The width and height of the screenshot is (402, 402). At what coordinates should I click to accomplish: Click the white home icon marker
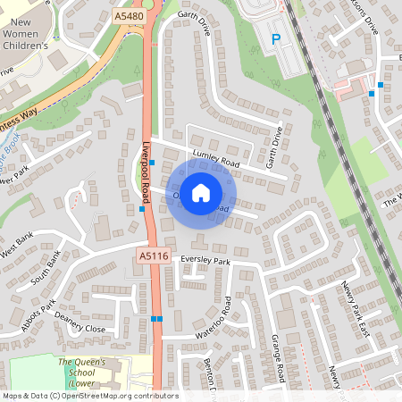click(x=201, y=192)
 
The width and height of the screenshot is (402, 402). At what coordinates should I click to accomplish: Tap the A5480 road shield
click(x=128, y=16)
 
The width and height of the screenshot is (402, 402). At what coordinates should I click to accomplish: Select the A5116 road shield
click(x=154, y=256)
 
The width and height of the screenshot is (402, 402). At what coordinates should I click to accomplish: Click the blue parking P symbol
click(x=276, y=39)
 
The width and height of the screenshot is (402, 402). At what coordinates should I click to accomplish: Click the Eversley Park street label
click(x=205, y=261)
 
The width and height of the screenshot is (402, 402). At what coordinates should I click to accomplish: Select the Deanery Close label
click(x=80, y=322)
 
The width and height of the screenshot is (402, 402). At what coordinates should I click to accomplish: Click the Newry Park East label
click(x=355, y=307)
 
